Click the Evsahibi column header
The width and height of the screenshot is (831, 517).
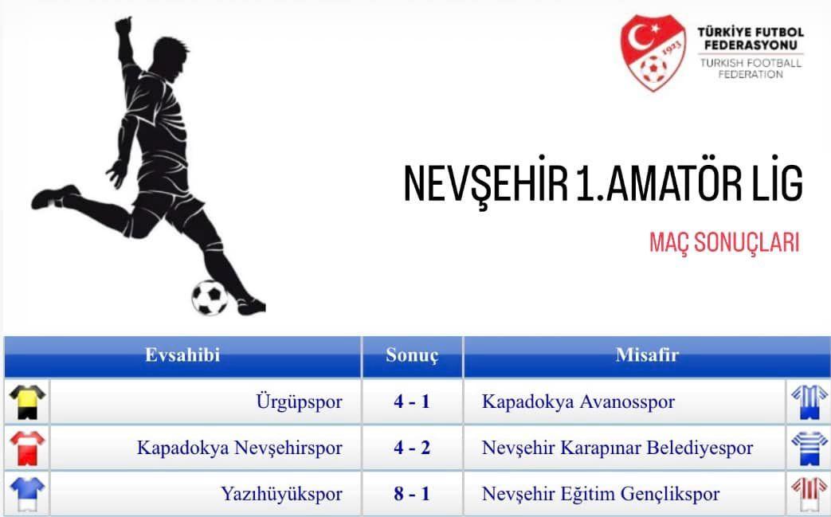pos(182,355)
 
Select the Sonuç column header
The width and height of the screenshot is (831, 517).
pos(412,355)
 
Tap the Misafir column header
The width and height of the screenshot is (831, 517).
pos(647,355)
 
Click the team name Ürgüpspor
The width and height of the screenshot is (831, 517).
pos(299,401)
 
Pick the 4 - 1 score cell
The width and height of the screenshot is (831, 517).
pos(412,401)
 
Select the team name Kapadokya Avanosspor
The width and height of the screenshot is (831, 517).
pos(578,401)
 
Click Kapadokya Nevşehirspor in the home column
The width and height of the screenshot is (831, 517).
pos(240,448)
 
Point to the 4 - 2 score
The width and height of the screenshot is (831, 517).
pos(412,448)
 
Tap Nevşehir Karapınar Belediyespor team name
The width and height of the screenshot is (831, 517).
pos(617,448)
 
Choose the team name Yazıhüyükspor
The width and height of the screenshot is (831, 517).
pos(281,494)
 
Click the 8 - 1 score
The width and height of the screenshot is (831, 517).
pos(412,494)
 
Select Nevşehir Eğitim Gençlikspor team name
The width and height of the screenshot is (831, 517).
pos(601,494)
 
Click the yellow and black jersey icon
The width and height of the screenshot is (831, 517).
pos(28,402)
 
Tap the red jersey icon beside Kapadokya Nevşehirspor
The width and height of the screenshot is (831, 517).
pos(28,448)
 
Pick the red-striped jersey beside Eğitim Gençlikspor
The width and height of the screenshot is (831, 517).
pos(809,495)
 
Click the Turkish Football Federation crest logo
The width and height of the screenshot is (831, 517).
pos(653,52)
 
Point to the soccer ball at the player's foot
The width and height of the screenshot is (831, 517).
pos(210,298)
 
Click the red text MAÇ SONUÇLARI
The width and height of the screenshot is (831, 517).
pos(724,243)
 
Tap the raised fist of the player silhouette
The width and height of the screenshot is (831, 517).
pos(123,25)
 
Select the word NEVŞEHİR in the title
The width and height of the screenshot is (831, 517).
pos(485,183)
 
